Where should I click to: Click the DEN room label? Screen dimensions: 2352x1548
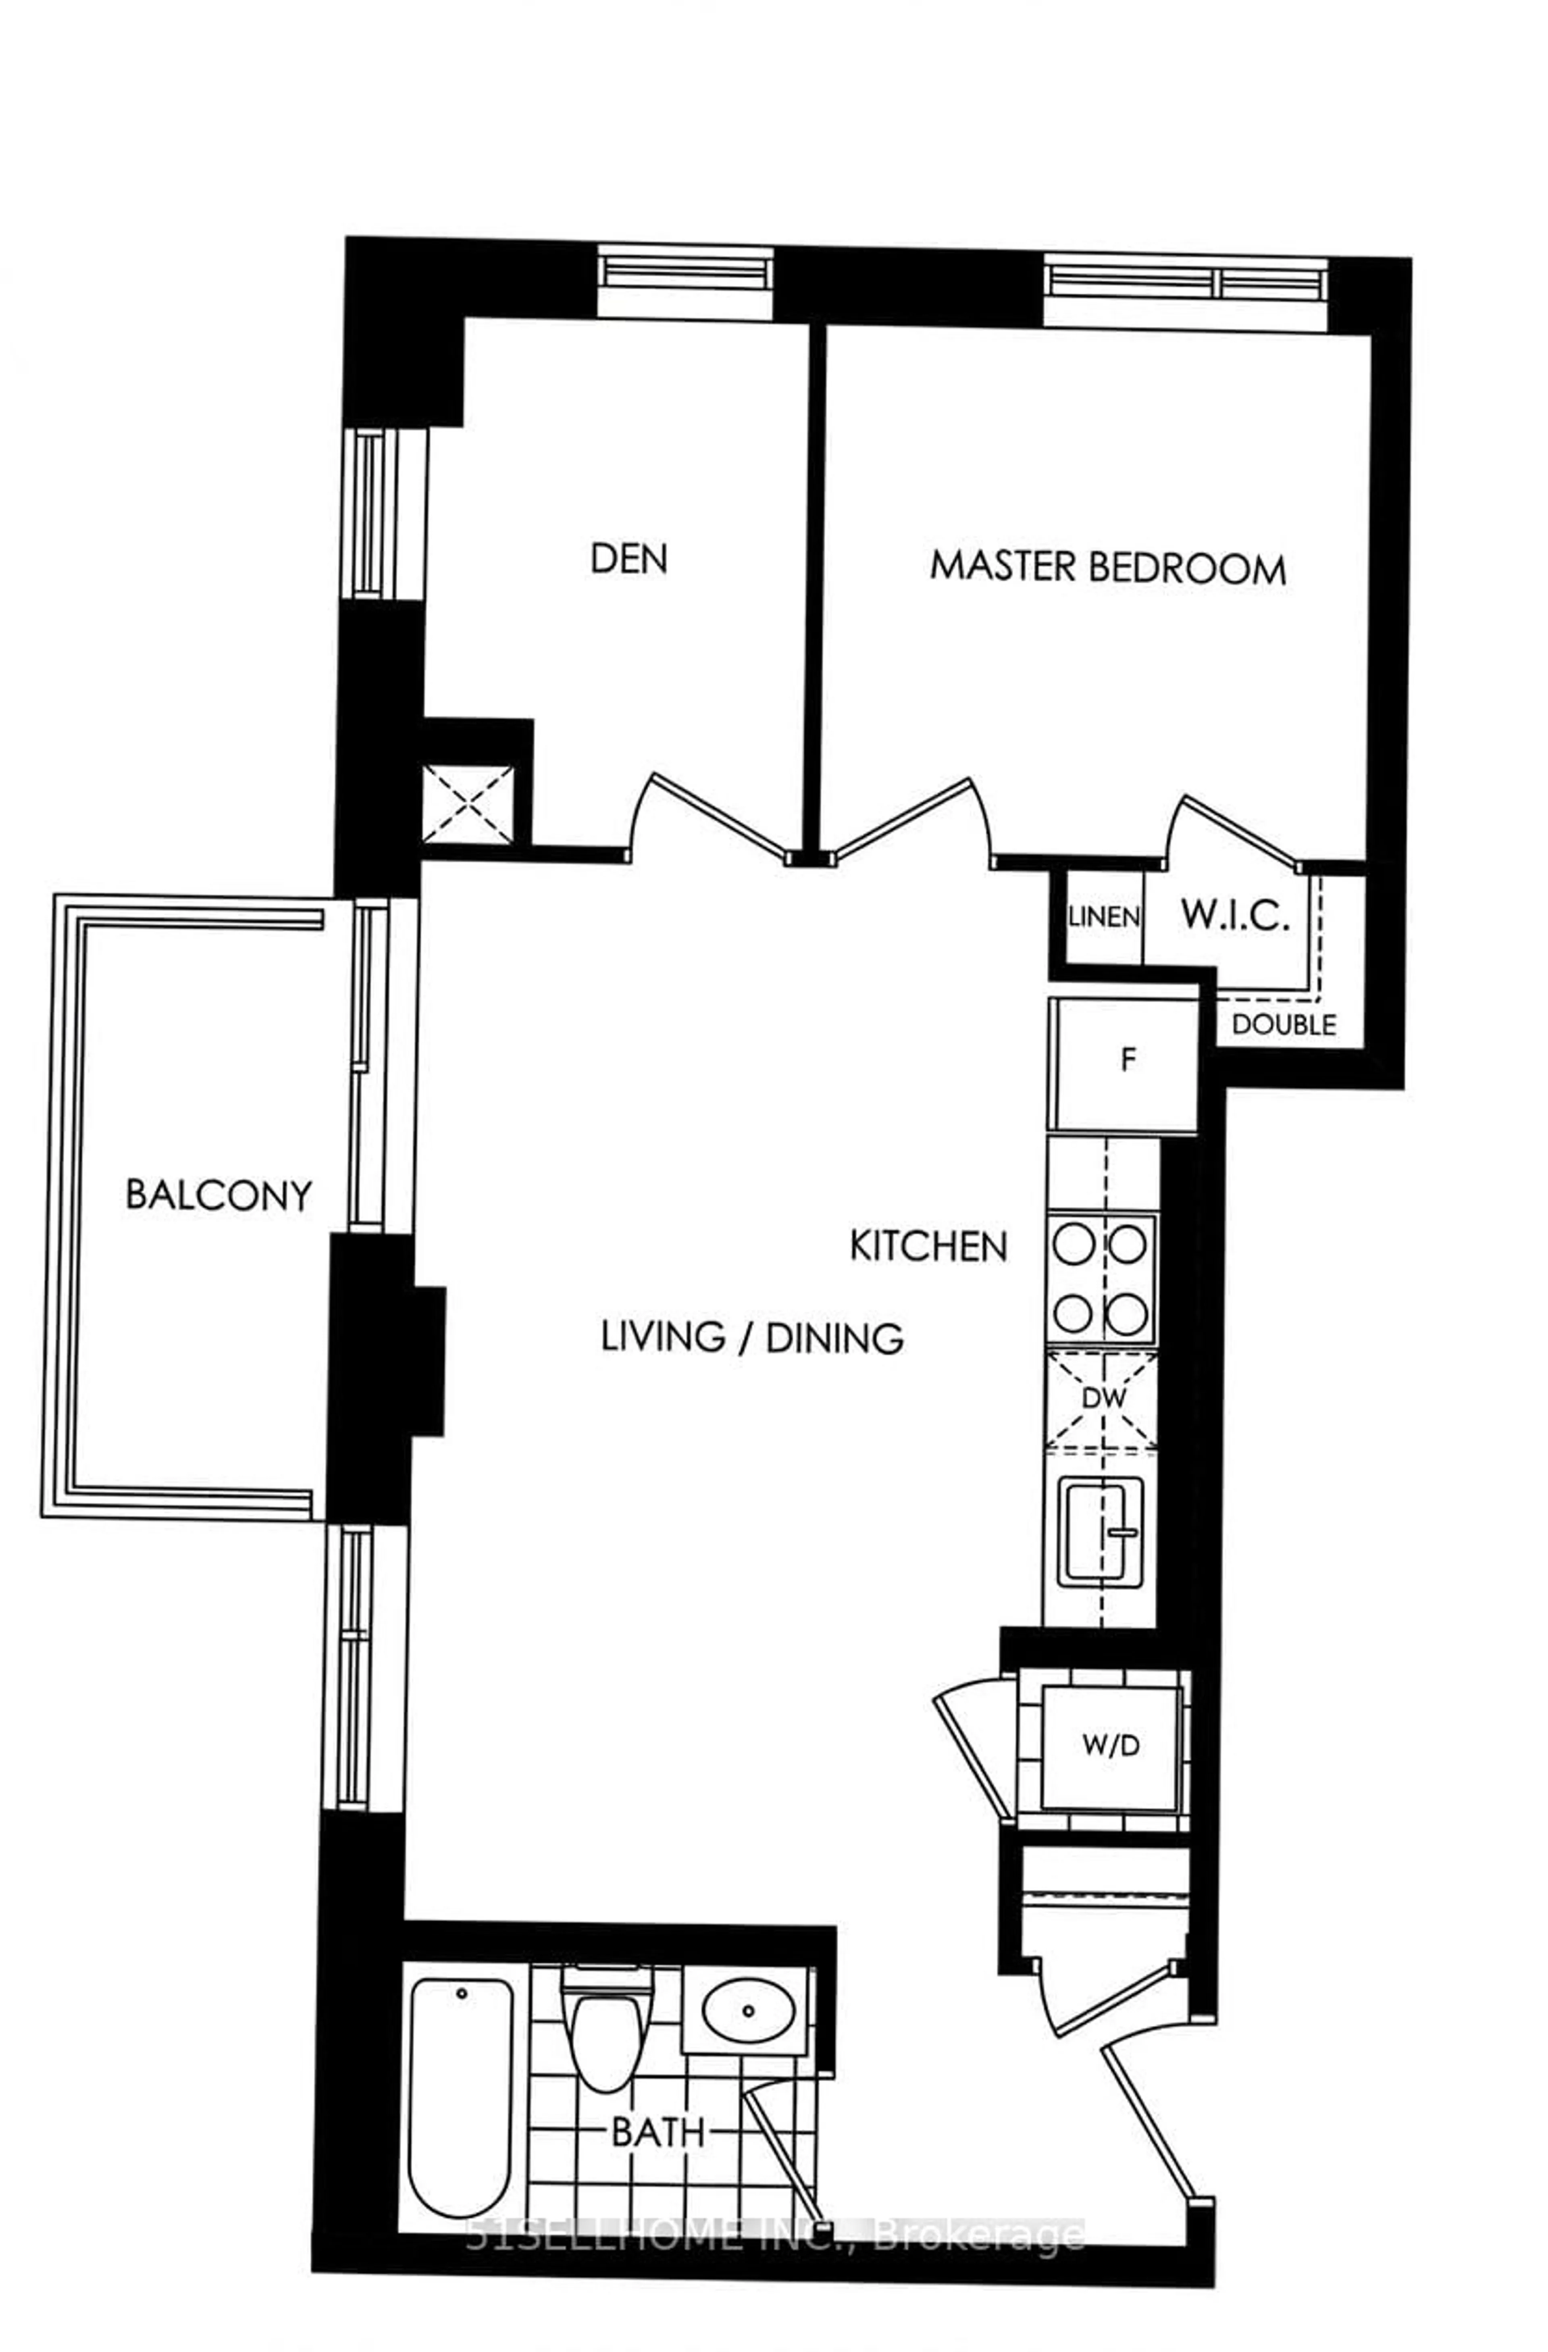tap(628, 559)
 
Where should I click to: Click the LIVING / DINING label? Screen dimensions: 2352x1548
tap(752, 1338)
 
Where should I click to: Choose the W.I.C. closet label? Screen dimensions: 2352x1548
tap(1235, 916)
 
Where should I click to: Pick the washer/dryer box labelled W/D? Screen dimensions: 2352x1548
tap(1110, 1745)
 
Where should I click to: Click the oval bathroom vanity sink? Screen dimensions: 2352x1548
tap(748, 2010)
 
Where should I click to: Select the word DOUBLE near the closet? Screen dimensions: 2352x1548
tap(1283, 1025)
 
